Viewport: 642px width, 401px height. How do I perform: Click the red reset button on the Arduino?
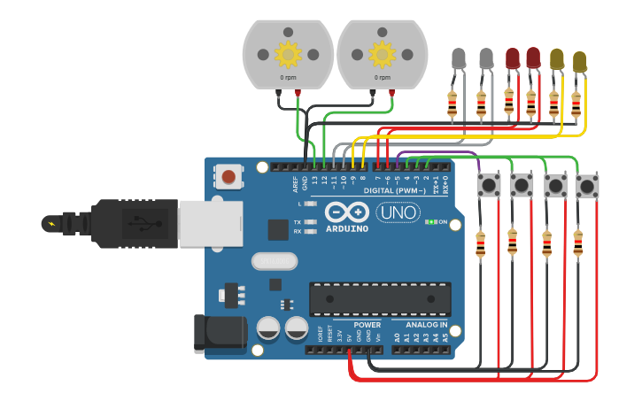click(x=229, y=177)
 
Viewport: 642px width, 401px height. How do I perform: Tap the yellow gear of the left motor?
click(x=288, y=55)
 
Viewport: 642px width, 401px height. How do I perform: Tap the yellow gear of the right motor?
click(x=383, y=55)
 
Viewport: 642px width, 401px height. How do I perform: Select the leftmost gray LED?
click(x=458, y=59)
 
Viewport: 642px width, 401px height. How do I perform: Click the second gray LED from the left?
click(x=486, y=59)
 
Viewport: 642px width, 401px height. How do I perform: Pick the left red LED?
click(x=512, y=59)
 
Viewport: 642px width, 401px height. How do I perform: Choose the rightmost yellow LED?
click(x=579, y=61)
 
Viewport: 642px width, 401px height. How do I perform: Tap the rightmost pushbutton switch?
click(x=586, y=186)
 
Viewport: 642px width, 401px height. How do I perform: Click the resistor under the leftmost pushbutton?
click(x=480, y=243)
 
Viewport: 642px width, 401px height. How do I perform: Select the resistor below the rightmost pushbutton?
click(x=578, y=243)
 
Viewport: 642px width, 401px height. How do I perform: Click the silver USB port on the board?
click(x=210, y=221)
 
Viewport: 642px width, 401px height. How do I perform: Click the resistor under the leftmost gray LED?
click(x=452, y=104)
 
